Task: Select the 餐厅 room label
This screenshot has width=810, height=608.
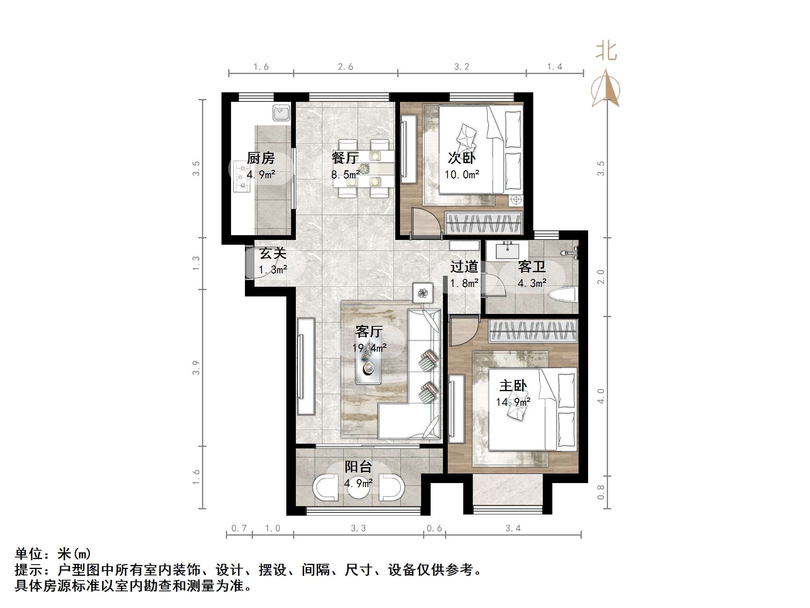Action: pos(345,158)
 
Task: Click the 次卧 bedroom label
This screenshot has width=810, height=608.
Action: pos(461,158)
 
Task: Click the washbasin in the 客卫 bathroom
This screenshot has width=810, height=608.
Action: pos(507,250)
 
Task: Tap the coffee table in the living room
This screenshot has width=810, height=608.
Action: pos(369,362)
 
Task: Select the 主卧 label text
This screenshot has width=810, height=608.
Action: pos(513,386)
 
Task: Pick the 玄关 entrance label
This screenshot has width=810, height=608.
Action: pos(273,253)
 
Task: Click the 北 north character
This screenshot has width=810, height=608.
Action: pos(606,52)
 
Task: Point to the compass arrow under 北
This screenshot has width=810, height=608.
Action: pos(606,89)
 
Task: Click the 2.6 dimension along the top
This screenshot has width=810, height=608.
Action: pos(345,67)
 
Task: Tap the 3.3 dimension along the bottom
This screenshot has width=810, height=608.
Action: pos(358,528)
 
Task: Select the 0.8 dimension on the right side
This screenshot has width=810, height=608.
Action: pos(600,492)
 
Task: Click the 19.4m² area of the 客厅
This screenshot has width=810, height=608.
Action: pos(369,348)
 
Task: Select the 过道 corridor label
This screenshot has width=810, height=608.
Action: pos(464,267)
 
